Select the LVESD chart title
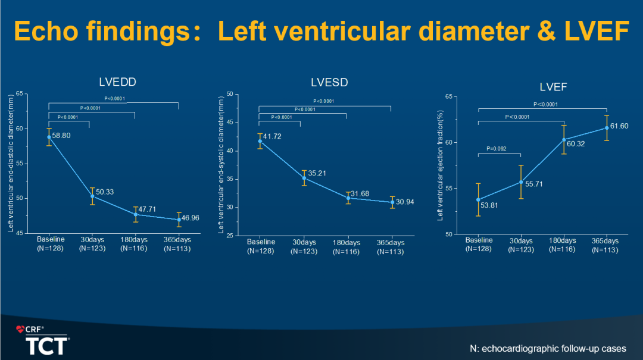click(x=329, y=82)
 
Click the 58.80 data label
click(x=62, y=136)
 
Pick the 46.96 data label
click(x=191, y=218)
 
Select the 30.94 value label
click(x=405, y=202)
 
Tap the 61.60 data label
click(x=619, y=126)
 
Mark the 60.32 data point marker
click(x=564, y=140)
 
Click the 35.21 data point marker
click(x=304, y=178)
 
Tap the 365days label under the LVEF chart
click(x=606, y=240)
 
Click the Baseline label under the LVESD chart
click(x=261, y=242)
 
